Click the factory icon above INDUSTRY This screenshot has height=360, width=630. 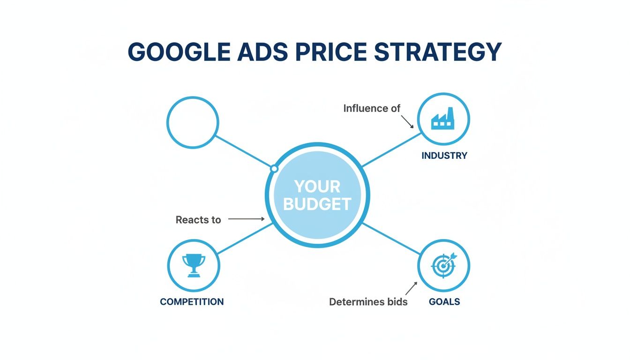click(x=443, y=119)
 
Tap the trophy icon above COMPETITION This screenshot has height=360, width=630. click(x=193, y=265)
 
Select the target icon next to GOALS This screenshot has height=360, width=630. click(x=443, y=266)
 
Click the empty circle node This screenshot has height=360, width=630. click(x=193, y=122)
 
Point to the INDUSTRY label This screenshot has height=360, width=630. click(x=444, y=156)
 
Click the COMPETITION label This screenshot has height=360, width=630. click(x=192, y=302)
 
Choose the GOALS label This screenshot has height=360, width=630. click(x=444, y=302)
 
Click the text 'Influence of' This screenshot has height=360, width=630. click(x=372, y=109)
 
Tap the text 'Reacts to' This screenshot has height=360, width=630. click(x=198, y=220)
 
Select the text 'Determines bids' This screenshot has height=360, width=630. click(x=368, y=302)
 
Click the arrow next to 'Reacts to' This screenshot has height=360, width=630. click(x=247, y=219)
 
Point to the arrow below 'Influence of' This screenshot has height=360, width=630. click(x=407, y=121)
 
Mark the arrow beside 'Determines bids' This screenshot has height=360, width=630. click(x=411, y=288)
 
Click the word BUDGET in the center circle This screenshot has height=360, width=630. click(x=317, y=204)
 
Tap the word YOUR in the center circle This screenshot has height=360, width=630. click(x=317, y=187)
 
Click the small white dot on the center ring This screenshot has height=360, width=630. click(x=274, y=168)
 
